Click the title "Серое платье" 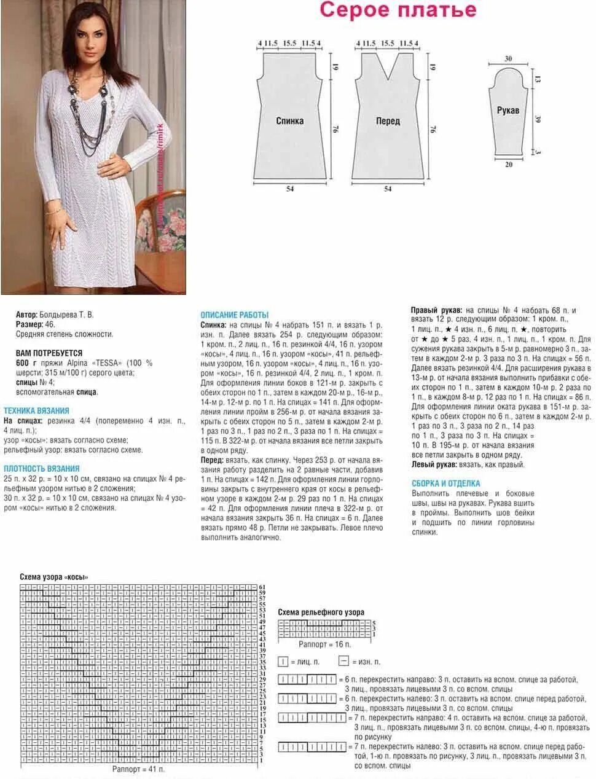click(x=398, y=10)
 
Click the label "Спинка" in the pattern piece click(x=289, y=121)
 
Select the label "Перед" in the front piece click(x=388, y=121)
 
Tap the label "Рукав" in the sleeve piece click(x=508, y=111)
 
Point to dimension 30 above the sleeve click(x=508, y=59)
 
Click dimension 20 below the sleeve click(x=509, y=164)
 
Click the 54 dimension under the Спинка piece click(x=290, y=189)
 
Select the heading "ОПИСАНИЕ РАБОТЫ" click(x=235, y=315)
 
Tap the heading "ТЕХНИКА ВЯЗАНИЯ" click(x=37, y=410)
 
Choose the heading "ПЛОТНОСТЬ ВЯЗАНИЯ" click(x=42, y=468)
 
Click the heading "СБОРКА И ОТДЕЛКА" click(x=446, y=483)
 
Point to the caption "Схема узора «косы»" click(x=54, y=577)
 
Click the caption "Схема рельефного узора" click(x=321, y=612)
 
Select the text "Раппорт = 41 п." click(x=138, y=769)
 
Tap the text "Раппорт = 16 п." click(x=325, y=644)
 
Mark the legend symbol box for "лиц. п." click(x=283, y=662)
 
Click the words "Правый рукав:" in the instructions click(x=436, y=310)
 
